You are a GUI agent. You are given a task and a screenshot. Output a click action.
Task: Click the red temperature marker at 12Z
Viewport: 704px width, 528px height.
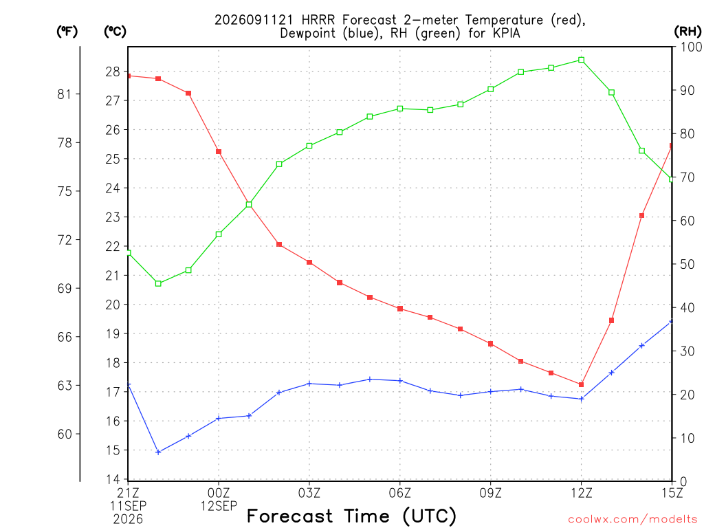(581, 385)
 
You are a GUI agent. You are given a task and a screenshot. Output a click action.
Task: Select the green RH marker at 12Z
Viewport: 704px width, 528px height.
(581, 60)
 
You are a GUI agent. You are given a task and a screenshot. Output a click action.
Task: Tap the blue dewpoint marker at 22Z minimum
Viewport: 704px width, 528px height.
(158, 452)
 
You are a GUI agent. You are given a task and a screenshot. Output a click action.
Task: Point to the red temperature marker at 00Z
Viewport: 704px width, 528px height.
(219, 152)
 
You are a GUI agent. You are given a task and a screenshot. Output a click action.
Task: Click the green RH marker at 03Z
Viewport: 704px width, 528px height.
(309, 146)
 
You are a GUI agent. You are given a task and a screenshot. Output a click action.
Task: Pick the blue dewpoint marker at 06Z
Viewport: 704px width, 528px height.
(400, 381)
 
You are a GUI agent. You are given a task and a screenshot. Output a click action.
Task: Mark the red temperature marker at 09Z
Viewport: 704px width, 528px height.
(490, 344)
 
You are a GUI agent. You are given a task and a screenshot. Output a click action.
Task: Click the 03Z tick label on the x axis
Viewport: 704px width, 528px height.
(309, 494)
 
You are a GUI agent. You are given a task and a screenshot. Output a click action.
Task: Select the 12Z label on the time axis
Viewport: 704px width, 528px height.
(581, 494)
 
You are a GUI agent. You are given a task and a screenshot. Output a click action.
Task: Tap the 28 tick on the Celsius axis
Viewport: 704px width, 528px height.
(113, 71)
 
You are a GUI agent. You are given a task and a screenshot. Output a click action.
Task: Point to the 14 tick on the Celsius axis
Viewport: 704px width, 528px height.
(113, 479)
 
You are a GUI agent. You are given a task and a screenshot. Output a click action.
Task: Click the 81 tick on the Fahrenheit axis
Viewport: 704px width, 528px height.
(65, 94)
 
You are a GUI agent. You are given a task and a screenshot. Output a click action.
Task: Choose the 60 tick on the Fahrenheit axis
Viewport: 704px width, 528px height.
(65, 434)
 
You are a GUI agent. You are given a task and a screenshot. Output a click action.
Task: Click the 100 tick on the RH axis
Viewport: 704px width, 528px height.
(690, 47)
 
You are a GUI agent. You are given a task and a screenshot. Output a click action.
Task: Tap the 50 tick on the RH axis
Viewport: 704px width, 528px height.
(687, 265)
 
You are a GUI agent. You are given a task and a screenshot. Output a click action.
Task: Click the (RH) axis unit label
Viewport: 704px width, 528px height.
(687, 32)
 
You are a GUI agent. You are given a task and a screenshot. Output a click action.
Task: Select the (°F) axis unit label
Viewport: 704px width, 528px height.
(67, 32)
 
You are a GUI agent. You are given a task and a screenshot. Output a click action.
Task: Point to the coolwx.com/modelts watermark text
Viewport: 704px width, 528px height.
(632, 520)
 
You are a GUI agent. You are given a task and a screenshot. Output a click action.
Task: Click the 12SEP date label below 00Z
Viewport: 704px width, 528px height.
(219, 507)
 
